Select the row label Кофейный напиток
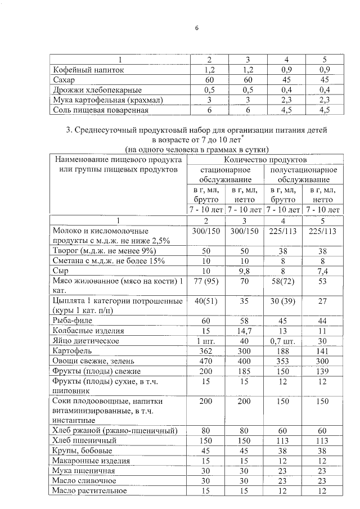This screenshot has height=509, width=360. [x=87, y=70]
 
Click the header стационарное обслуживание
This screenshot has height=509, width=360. [x=225, y=175]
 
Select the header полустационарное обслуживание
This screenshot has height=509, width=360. [x=303, y=175]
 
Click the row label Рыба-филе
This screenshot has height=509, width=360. [x=75, y=321]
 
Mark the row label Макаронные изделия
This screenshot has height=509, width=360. [x=91, y=461]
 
